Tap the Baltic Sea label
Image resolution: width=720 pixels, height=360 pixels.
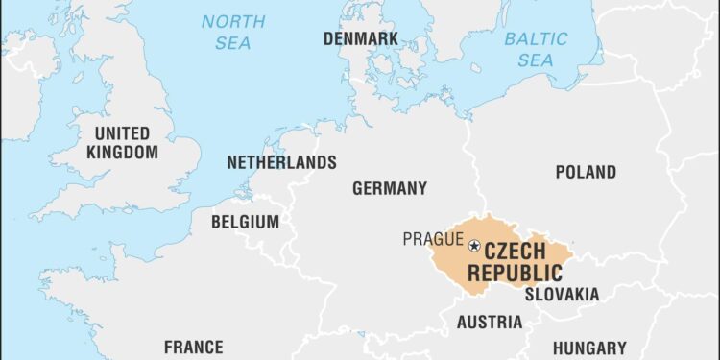coord(535,50)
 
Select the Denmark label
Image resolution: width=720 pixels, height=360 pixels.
coord(360,39)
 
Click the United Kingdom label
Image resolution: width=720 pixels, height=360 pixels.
coord(122,142)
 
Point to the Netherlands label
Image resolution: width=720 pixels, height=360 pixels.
coord(281,162)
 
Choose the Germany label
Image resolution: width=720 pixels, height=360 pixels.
coord(389,188)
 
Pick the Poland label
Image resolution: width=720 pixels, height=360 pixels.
coord(586,173)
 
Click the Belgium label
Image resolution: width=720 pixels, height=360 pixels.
coord(245,222)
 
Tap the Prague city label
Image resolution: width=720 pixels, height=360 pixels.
coord(432,239)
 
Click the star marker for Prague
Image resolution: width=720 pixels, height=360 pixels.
coord(474,247)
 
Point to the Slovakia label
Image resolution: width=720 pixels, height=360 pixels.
coord(562,294)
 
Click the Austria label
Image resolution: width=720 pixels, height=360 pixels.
coord(490,322)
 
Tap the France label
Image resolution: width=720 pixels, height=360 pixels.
coord(193,347)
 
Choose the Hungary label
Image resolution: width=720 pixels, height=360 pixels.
coord(589,348)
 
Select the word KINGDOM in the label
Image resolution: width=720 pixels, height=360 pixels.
coord(122,152)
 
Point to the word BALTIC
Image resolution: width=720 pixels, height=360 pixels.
coord(535,39)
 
